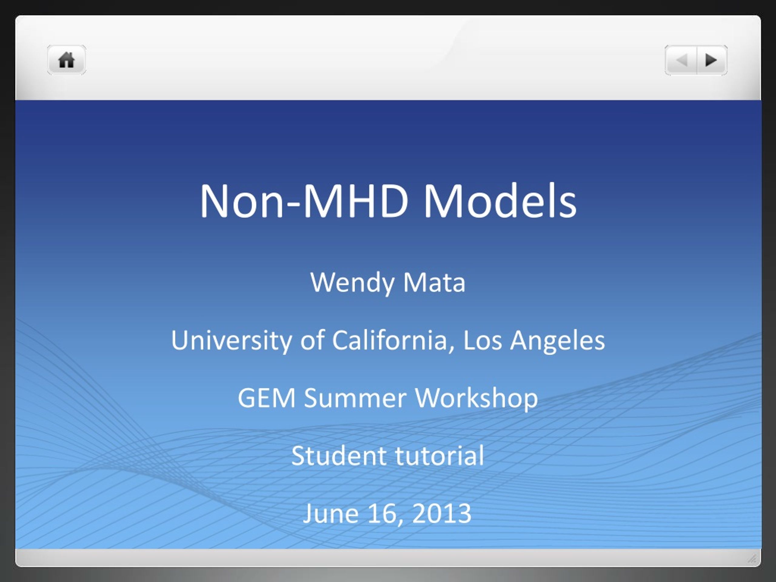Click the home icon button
66,60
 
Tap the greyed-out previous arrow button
681,60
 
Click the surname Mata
434,283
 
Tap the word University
232,341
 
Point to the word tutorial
440,456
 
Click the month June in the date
331,513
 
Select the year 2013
442,513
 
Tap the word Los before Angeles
483,341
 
